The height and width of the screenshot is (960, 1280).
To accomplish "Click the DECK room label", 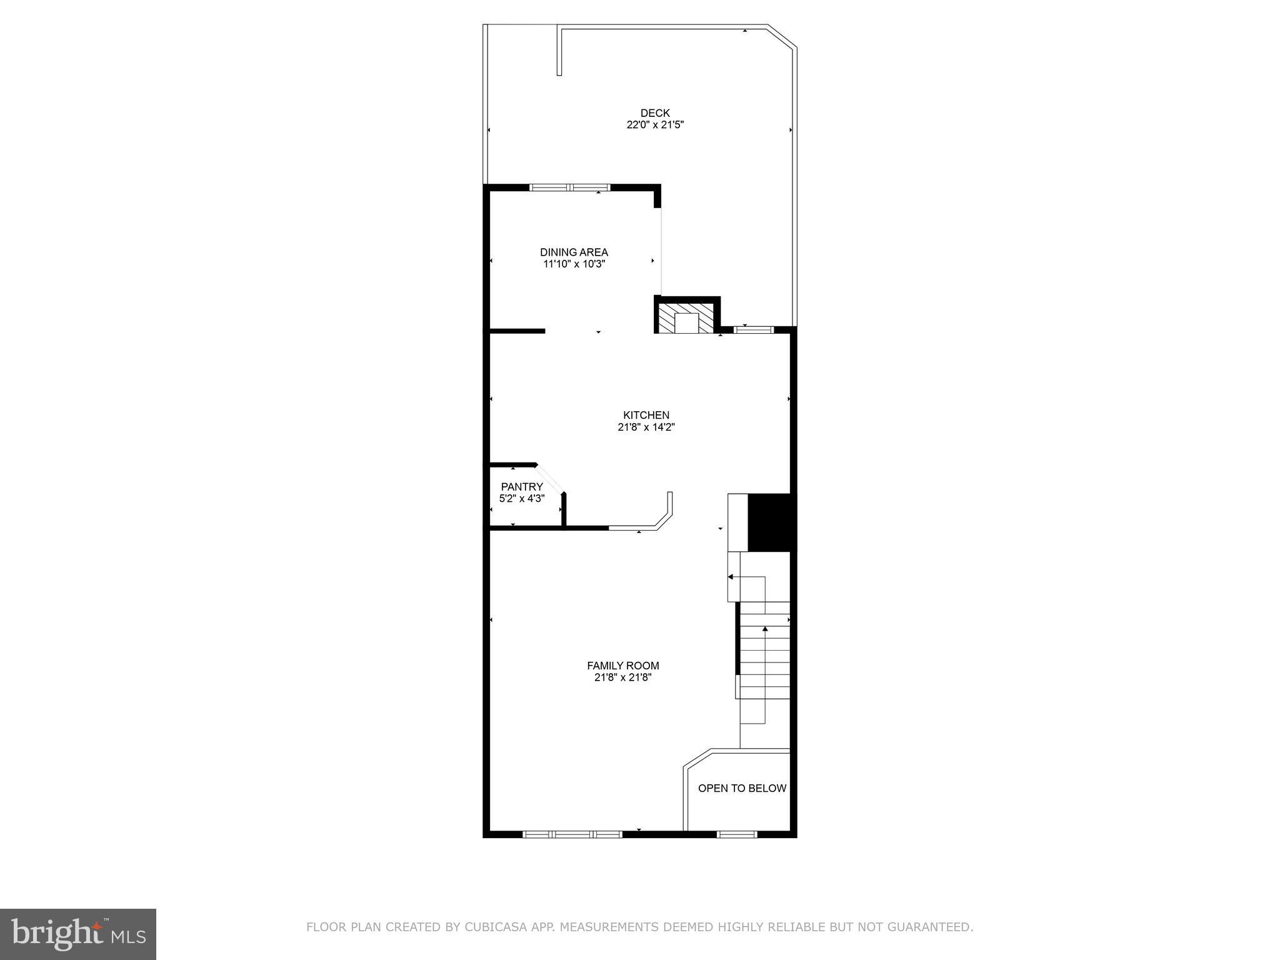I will [x=655, y=113].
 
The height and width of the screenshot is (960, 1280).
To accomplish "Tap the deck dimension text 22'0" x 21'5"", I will [x=655, y=125].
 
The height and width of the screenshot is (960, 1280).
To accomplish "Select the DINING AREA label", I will [x=574, y=252].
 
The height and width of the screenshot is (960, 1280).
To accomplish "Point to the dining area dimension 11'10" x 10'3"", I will [x=574, y=264].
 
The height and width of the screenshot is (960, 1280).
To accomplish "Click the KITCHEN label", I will [x=646, y=416].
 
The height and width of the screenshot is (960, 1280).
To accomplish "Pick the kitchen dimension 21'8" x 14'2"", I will [x=646, y=427].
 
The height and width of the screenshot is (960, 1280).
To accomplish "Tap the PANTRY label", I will [x=522, y=487].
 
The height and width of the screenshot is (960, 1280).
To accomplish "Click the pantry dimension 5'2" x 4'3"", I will [x=522, y=499].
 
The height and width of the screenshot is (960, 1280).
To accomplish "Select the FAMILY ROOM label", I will [x=622, y=666].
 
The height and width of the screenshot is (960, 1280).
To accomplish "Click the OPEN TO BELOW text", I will [x=742, y=789].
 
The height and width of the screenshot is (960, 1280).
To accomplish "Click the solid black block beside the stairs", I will [x=771, y=522].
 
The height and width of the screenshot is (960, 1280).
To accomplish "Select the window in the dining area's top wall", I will [x=569, y=187].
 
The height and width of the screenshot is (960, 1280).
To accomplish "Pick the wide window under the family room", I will [x=572, y=834].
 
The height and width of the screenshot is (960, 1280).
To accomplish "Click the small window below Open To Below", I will [x=736, y=834].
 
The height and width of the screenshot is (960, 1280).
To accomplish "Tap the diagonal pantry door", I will [x=550, y=479].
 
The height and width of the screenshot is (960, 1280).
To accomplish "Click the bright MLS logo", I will [x=78, y=934].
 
